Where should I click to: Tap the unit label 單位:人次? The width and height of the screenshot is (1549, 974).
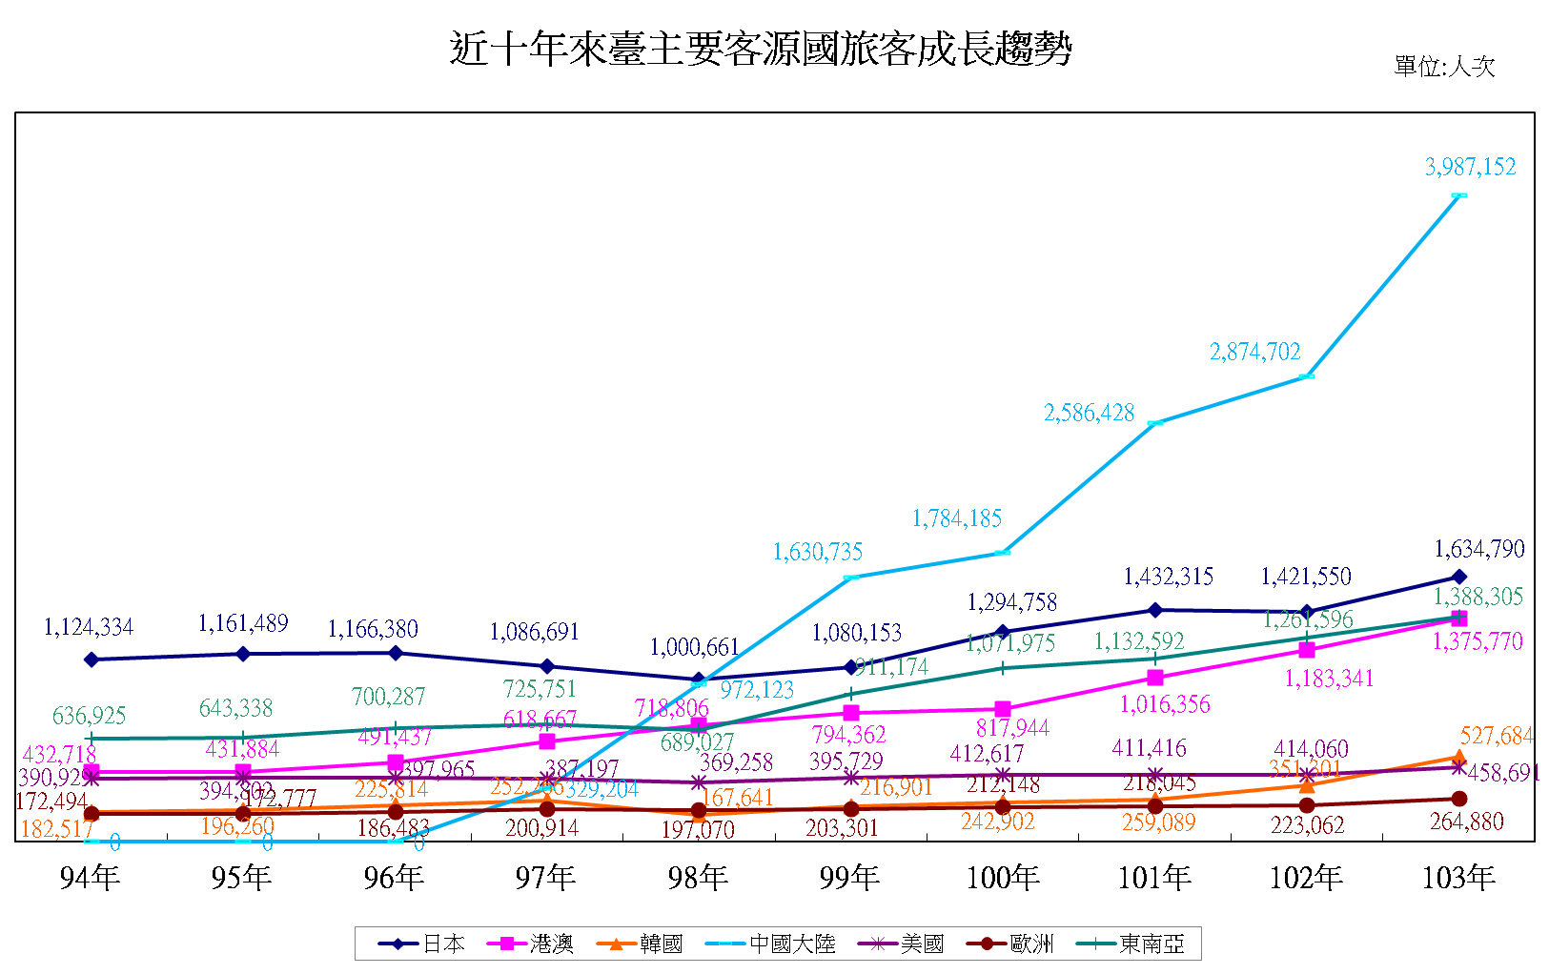tap(1443, 67)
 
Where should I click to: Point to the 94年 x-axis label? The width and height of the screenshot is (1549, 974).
tap(90, 878)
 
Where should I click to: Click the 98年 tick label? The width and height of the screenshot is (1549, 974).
tap(698, 878)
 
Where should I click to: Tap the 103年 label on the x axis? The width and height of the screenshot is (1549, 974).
tap(1457, 878)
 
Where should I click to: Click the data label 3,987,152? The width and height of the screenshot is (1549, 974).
tap(1470, 168)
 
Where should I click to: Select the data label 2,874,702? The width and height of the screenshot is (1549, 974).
tap(1254, 353)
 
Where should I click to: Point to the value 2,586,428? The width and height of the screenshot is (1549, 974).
tap(1089, 414)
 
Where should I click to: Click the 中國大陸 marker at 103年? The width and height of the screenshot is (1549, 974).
tap(1458, 195)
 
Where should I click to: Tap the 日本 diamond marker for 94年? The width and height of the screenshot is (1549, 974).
tap(92, 659)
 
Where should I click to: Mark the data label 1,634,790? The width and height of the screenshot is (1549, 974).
tap(1479, 550)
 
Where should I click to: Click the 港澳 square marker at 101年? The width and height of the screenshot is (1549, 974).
tap(1155, 678)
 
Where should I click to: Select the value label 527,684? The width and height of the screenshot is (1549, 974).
tap(1496, 737)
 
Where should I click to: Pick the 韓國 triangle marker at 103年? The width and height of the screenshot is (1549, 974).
tap(1458, 758)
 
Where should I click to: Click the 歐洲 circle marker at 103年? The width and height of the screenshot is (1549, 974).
tap(1458, 799)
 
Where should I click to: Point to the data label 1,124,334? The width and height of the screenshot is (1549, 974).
tap(89, 628)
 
